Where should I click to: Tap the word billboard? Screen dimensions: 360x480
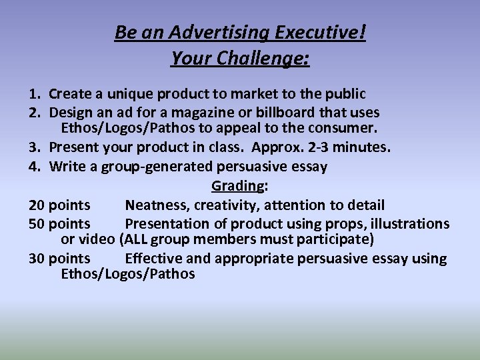(x=283, y=112)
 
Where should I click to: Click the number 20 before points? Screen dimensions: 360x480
(x=37, y=205)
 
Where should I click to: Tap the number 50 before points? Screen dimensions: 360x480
(x=37, y=223)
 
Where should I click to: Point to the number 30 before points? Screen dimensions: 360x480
(x=37, y=259)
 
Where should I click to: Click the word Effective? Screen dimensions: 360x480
(x=153, y=259)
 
